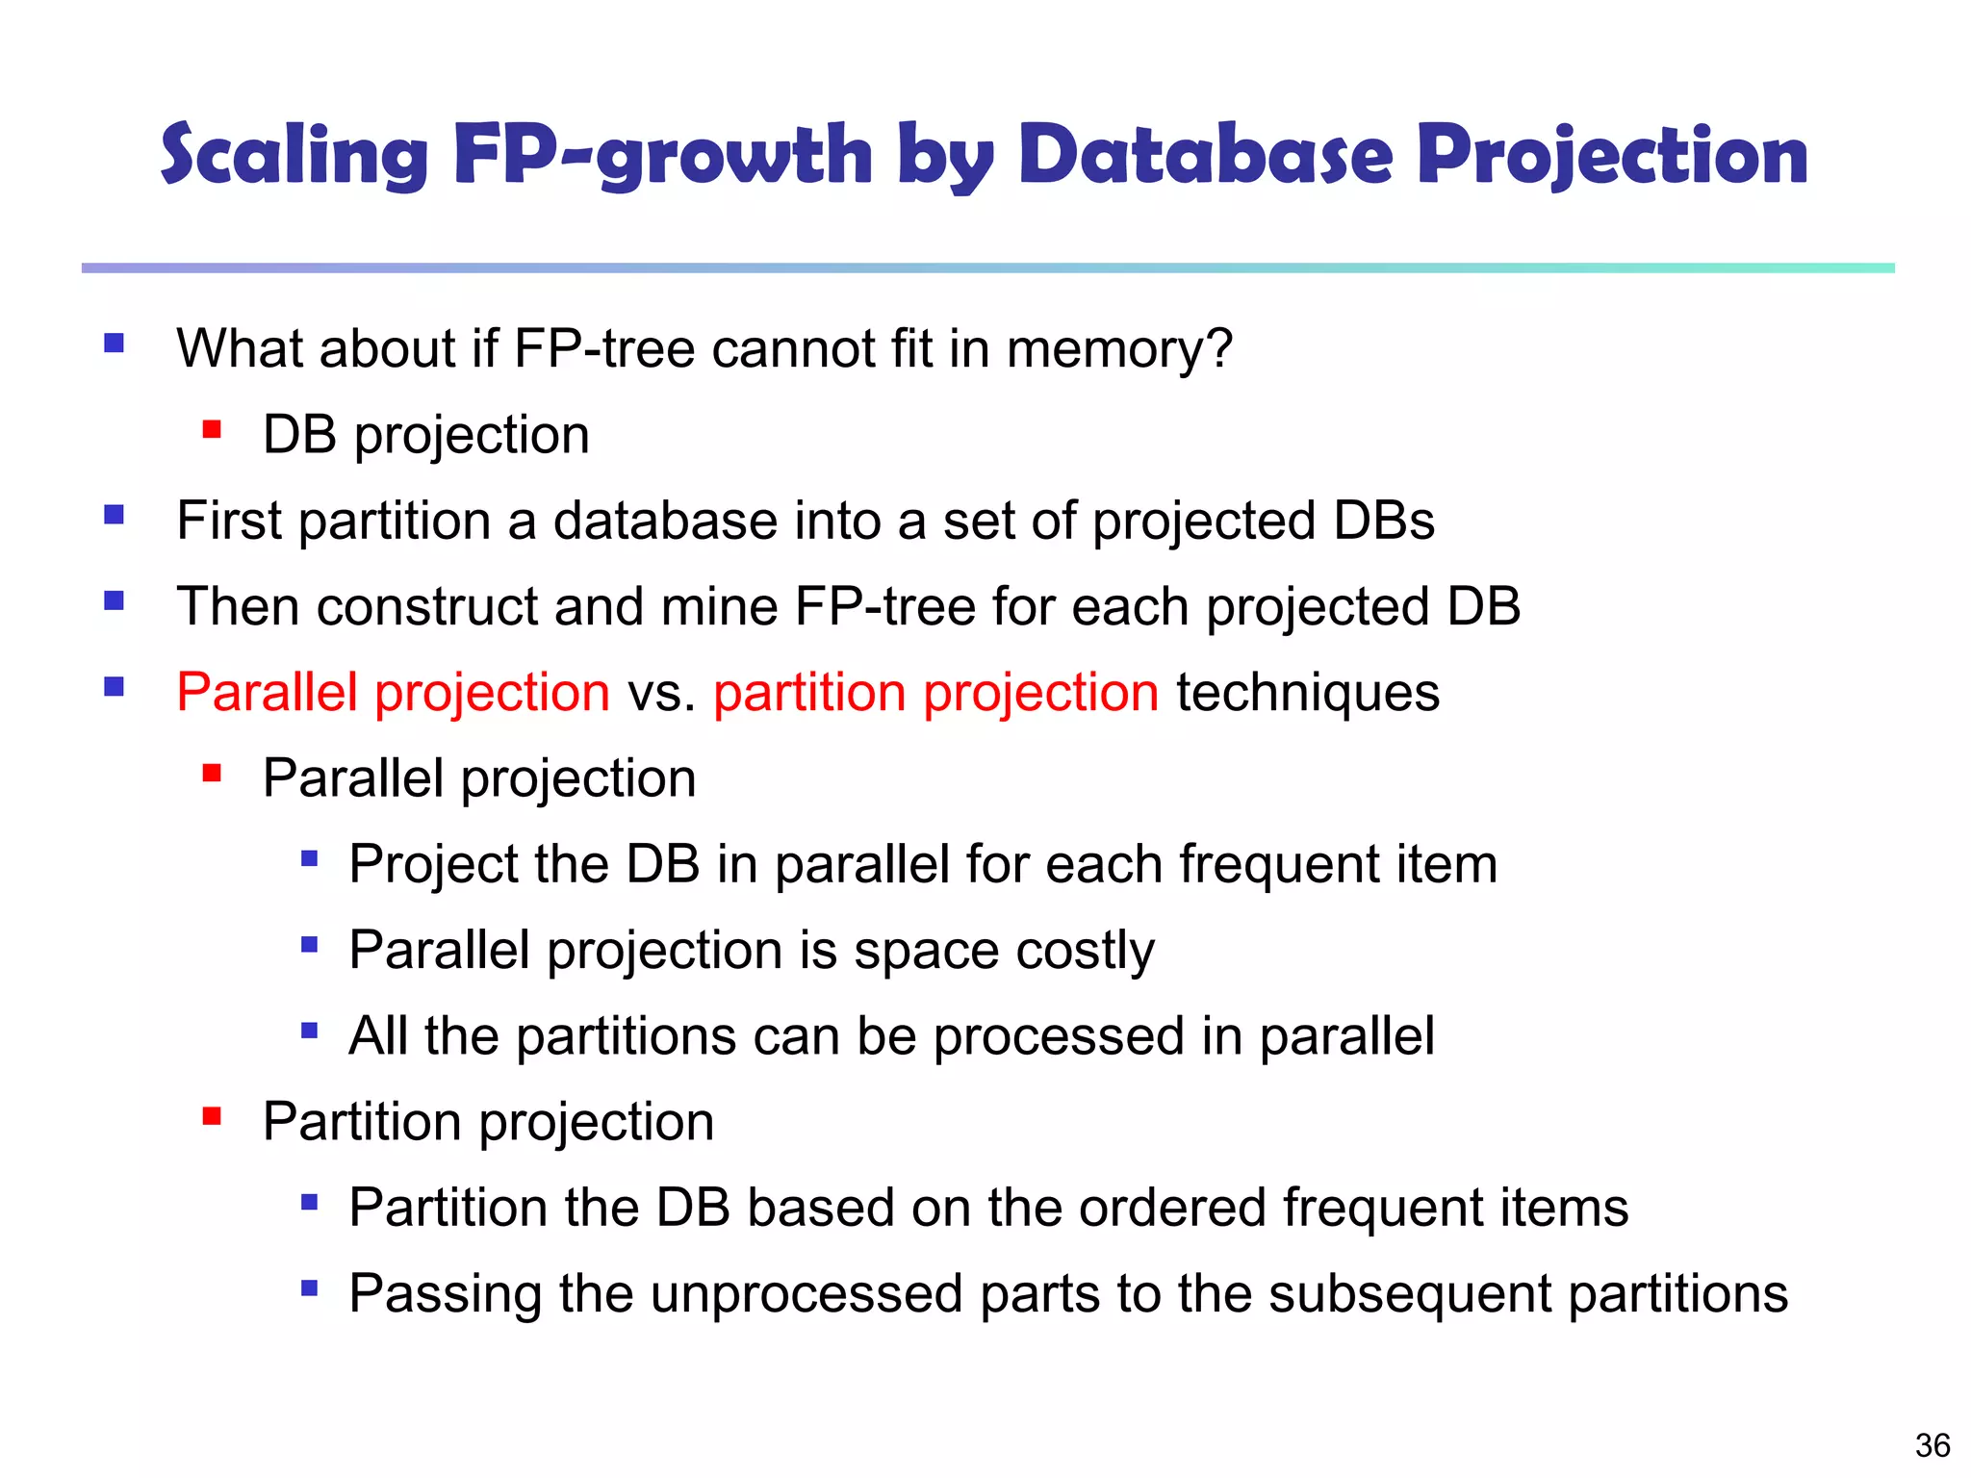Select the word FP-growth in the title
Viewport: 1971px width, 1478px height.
[x=663, y=156]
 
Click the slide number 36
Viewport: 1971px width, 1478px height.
[x=1933, y=1444]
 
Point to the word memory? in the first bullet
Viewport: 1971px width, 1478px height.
[x=1119, y=348]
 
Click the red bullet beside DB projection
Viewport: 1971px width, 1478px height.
[x=212, y=429]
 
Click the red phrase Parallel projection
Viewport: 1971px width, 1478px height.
[x=393, y=693]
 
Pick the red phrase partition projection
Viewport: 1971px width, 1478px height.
[x=935, y=693]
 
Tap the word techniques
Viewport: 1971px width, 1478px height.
[x=1307, y=693]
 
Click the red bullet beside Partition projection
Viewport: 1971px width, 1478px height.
[x=212, y=1116]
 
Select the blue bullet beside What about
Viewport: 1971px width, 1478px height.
[x=115, y=344]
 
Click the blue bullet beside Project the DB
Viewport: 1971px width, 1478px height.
[x=309, y=858]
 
